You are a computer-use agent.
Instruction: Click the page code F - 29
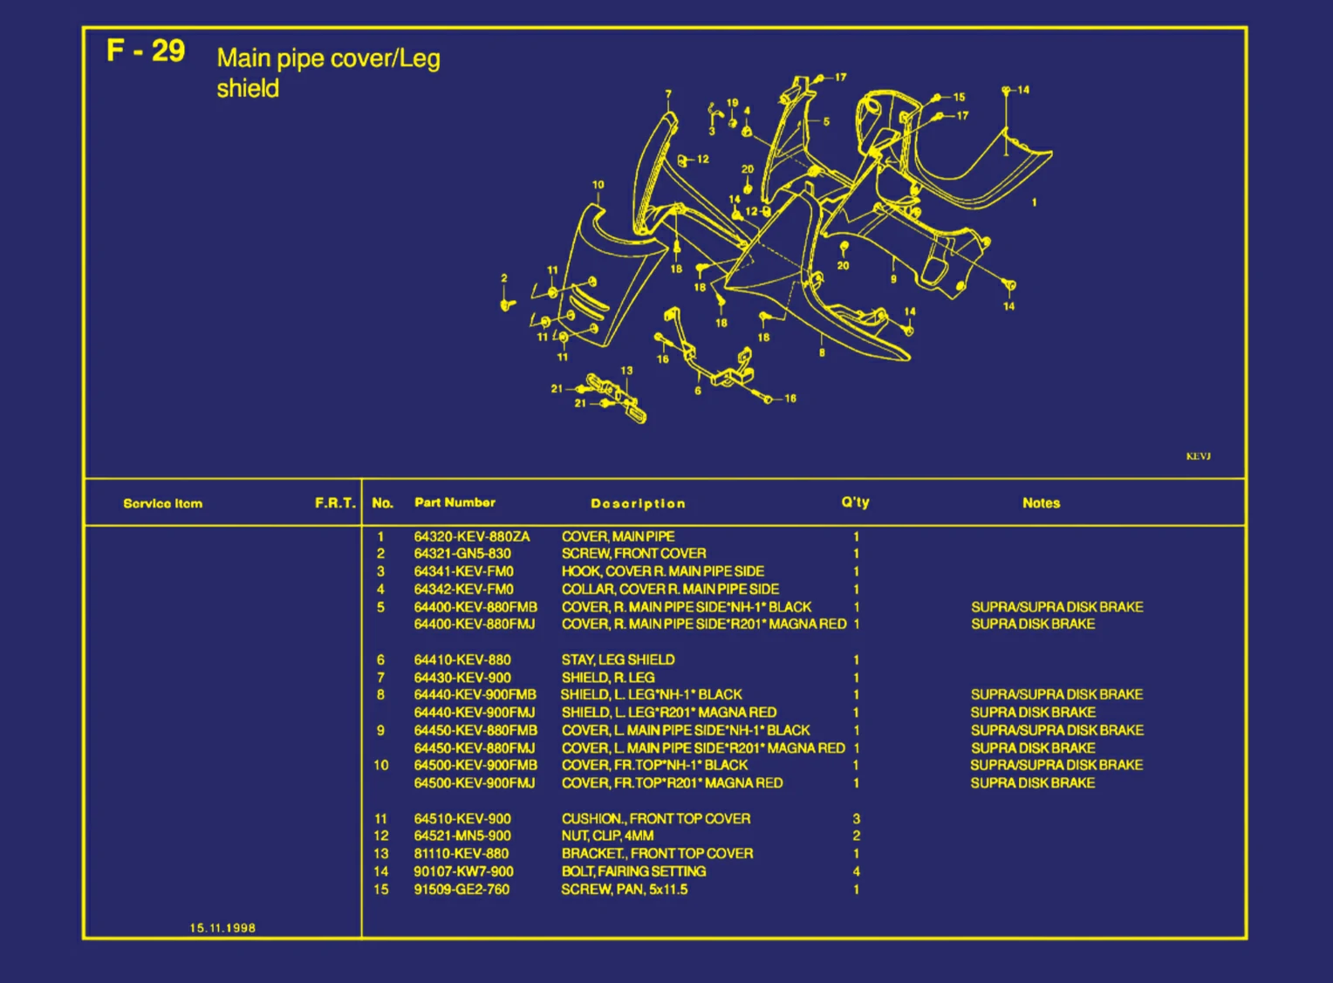pos(146,51)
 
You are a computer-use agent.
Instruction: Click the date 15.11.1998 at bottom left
pos(222,928)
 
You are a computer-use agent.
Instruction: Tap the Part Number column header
pos(455,502)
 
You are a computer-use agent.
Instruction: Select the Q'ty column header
pos(855,502)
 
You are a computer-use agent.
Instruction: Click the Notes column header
pos(1041,503)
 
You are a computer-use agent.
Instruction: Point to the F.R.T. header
pos(335,503)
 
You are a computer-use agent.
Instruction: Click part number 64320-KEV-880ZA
pos(471,536)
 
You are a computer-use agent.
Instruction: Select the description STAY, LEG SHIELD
pos(618,659)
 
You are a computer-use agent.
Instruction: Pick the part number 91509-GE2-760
pos(461,890)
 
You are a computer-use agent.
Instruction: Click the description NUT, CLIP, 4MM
pos(607,836)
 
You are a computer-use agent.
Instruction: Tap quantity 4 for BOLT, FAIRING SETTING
pos(856,871)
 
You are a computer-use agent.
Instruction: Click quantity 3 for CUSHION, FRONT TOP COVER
pos(856,818)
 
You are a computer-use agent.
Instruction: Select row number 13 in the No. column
pos(381,854)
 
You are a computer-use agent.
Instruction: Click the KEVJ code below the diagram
pos(1198,456)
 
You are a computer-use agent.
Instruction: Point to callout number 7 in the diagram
pos(668,94)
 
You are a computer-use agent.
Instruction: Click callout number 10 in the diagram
pos(598,185)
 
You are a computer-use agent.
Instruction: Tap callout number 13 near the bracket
pos(626,371)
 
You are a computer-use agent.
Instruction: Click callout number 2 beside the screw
pos(503,279)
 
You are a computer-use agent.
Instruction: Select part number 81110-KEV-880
pos(461,854)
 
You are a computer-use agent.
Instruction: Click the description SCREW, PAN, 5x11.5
pos(624,890)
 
